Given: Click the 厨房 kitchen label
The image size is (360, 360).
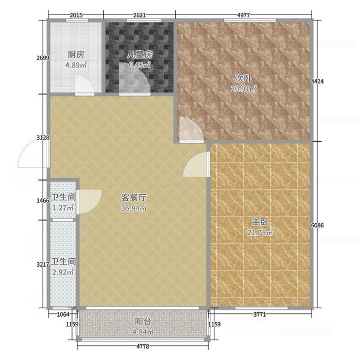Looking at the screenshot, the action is [x=76, y=55].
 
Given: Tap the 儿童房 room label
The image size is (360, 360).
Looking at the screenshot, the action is [x=139, y=55].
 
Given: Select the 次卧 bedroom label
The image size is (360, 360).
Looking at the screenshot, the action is [x=243, y=78].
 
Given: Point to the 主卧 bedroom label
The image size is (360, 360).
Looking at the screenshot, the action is [x=260, y=222].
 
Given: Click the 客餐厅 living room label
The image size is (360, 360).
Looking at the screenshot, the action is [x=134, y=197].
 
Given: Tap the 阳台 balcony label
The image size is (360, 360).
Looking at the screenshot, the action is [x=143, y=321].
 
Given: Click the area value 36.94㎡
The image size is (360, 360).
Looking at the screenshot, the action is [x=134, y=208].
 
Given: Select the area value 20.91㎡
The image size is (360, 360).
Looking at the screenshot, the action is [x=243, y=89].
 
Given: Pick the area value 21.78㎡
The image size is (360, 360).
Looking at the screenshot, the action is [x=260, y=232].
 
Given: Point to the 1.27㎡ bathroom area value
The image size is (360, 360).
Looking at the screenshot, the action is [x=63, y=208].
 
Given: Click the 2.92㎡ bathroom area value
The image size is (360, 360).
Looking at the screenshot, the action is [x=63, y=272].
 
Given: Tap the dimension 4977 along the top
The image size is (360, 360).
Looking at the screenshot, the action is [x=243, y=15].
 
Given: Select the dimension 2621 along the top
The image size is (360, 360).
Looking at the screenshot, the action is [x=139, y=15].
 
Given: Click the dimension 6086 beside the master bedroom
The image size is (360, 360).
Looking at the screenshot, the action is [x=317, y=225].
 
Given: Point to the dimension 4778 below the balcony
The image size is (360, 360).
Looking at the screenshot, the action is [x=143, y=346].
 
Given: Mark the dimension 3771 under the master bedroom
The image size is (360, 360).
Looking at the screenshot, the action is [x=260, y=314].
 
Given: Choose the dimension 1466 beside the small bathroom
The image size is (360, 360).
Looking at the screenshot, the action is [x=43, y=201].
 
